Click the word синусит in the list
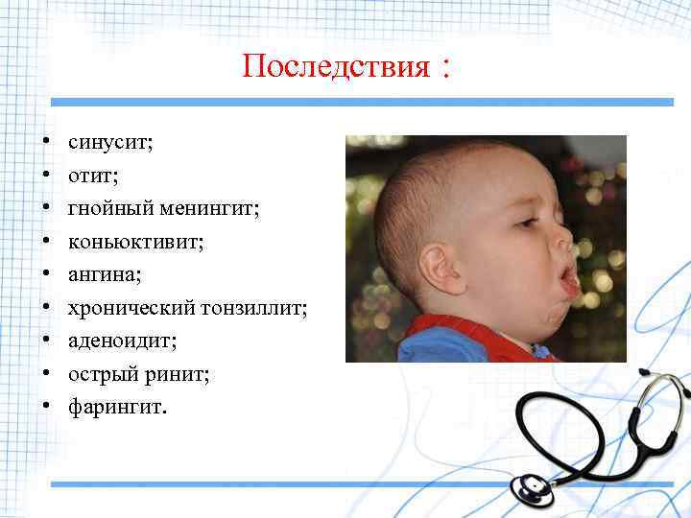point(110,143)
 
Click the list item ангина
point(105,274)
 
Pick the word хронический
point(131,308)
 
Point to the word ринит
point(174,374)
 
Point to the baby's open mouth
point(568,280)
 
